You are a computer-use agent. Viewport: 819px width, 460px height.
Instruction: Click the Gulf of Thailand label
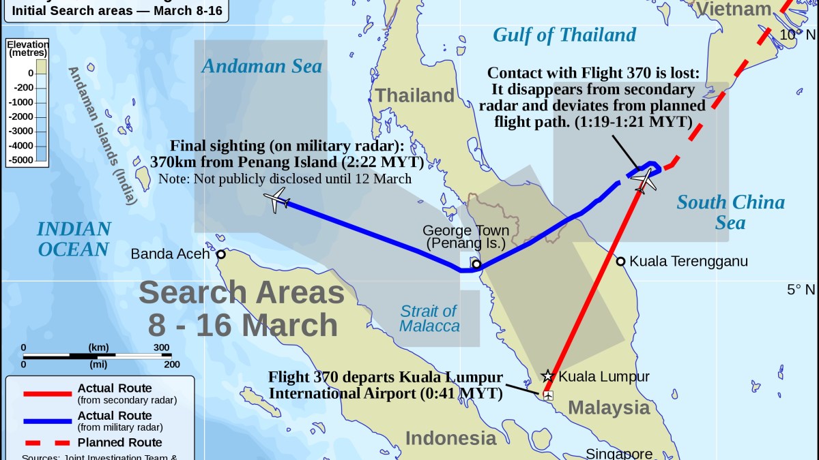[564, 35]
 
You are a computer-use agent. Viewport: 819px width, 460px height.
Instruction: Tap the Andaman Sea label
[261, 66]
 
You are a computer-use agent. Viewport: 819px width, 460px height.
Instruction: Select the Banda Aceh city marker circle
[221, 255]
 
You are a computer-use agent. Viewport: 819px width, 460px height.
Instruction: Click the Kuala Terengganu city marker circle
[620, 261]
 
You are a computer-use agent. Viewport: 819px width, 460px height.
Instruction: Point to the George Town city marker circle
[476, 264]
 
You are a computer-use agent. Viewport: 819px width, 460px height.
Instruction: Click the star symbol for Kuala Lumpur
[547, 375]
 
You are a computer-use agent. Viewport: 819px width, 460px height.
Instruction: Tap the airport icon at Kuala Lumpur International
[547, 395]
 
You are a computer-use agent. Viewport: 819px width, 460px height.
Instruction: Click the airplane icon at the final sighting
[276, 201]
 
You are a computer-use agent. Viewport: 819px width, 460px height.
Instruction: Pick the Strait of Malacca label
[430, 319]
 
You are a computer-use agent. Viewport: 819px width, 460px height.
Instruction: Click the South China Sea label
[730, 212]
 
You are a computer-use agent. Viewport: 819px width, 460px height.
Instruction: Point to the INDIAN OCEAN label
[74, 239]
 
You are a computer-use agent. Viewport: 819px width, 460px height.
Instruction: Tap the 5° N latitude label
[801, 290]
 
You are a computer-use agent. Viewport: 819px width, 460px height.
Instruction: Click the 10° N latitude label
[797, 35]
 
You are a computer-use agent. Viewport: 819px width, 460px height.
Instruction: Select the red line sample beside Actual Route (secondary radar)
[47, 393]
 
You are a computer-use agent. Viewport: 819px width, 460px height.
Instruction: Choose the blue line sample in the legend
[47, 420]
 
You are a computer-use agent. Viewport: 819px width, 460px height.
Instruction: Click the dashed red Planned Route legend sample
[47, 443]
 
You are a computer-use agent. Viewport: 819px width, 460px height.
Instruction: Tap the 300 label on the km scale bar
[162, 348]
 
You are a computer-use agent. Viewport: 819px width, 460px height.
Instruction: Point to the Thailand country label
[415, 95]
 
